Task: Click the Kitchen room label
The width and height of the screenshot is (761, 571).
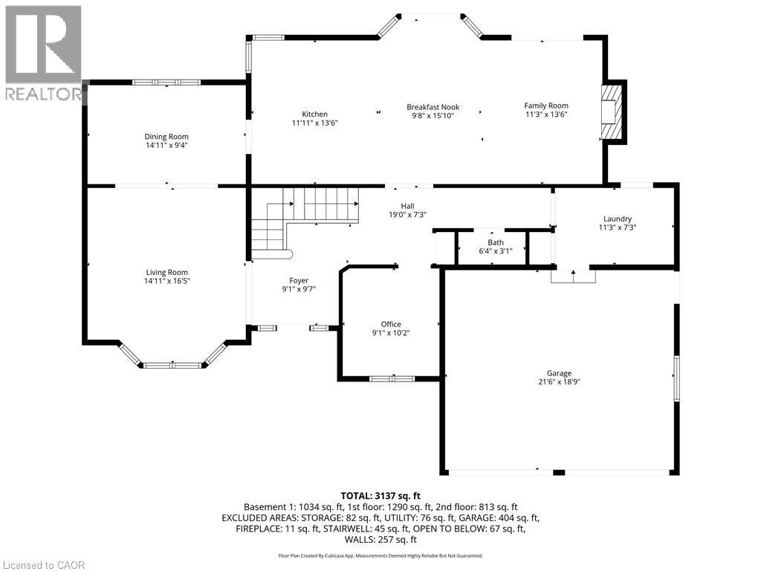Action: pos(314,114)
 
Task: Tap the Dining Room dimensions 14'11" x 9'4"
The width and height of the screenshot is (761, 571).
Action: pos(166,145)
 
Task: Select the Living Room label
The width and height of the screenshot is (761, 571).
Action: pos(167,272)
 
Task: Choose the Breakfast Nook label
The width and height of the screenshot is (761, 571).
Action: pos(433,107)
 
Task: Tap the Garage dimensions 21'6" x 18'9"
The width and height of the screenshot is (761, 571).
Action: pos(559,381)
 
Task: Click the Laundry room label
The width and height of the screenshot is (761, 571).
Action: pos(618,219)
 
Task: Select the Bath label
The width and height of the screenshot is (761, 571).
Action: pos(496,242)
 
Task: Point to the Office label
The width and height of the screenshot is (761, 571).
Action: pos(391,324)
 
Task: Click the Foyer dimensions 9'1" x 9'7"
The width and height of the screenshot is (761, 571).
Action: pos(299,289)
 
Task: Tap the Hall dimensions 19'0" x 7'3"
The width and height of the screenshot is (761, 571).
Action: pos(408,215)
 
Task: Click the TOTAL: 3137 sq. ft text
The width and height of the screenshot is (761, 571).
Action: pos(380,496)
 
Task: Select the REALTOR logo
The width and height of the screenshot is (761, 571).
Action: pos(43,53)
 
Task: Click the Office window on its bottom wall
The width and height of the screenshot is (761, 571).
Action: pos(392,378)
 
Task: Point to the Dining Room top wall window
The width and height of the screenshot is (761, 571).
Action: pos(166,83)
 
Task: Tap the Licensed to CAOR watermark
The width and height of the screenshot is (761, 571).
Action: pos(42,565)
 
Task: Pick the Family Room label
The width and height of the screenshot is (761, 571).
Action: pos(546,106)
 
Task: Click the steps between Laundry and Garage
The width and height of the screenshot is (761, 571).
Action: pos(573,276)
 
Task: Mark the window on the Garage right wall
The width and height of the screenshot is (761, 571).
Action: pos(676,378)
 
